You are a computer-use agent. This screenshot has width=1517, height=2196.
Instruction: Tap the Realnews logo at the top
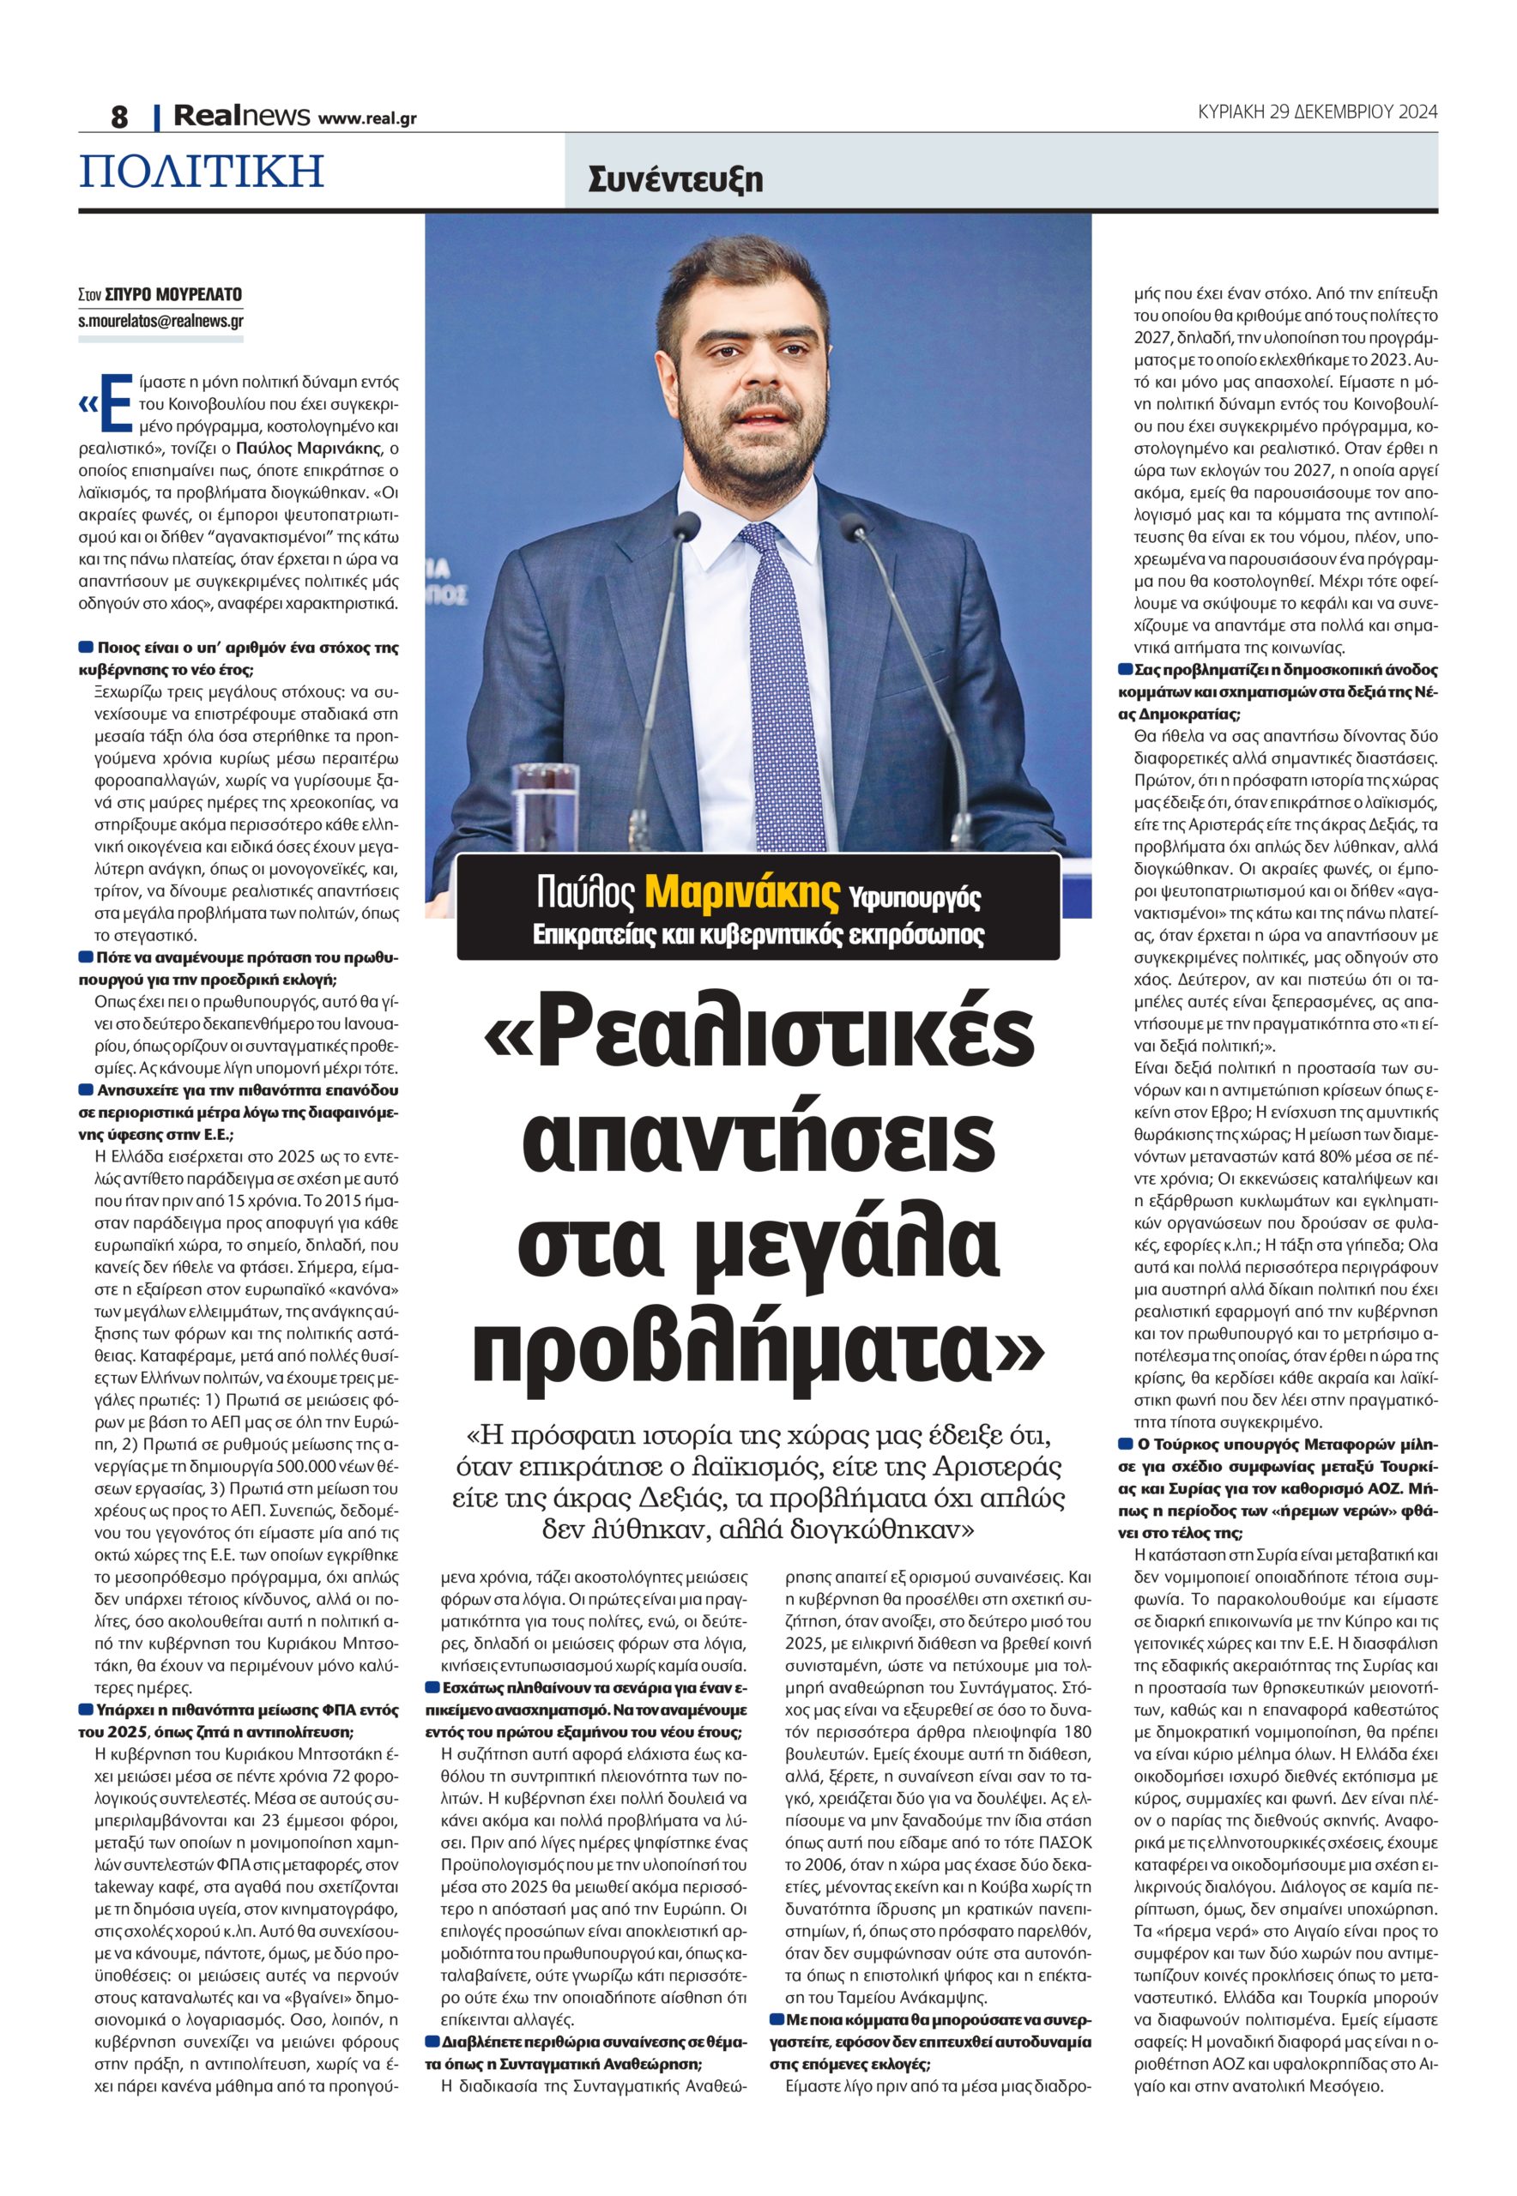point(241,116)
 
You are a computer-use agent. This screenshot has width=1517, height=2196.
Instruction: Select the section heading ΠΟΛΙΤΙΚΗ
point(202,171)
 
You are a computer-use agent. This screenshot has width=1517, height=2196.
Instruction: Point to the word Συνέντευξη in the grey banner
point(675,178)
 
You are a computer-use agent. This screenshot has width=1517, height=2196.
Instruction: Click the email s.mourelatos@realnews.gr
point(160,321)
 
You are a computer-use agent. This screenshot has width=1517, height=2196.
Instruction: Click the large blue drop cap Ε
point(114,404)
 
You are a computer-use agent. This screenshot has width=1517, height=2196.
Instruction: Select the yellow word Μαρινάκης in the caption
point(742,892)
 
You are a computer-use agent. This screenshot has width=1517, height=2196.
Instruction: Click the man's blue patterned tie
point(783,665)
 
